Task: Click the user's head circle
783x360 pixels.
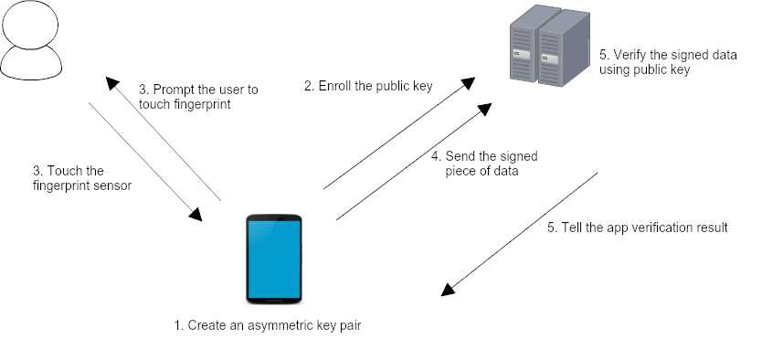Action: tap(30, 25)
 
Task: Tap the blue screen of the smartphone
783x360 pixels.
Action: tap(274, 259)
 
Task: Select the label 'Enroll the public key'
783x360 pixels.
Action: tap(368, 86)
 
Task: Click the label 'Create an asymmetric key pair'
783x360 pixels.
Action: tap(268, 325)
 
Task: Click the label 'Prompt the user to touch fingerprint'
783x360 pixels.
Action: tap(198, 97)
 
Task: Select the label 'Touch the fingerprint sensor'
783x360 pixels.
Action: tap(82, 178)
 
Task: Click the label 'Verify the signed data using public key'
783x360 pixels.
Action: tap(668, 62)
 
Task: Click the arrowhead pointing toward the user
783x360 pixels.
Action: tap(112, 83)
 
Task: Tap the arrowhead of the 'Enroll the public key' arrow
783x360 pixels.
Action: tap(468, 83)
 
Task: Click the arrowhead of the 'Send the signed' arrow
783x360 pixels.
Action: tap(485, 109)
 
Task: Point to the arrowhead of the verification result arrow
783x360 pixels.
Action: tap(448, 289)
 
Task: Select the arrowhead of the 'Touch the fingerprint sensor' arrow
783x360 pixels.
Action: tap(196, 214)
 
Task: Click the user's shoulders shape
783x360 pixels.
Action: tap(31, 63)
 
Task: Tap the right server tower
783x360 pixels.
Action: tap(565, 49)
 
